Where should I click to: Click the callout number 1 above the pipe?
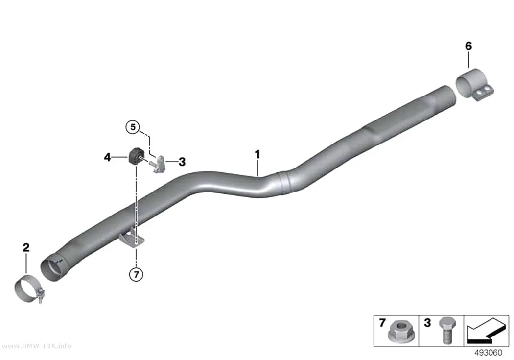pyautogui.click(x=257, y=154)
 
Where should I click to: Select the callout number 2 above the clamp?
pyautogui.click(x=26, y=247)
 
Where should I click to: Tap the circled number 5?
pyautogui.click(x=133, y=126)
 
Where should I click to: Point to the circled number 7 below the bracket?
pyautogui.click(x=137, y=274)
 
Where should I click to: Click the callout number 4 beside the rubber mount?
pyautogui.click(x=107, y=157)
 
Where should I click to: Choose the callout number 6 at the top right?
pyautogui.click(x=468, y=46)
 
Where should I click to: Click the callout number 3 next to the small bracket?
pyautogui.click(x=182, y=162)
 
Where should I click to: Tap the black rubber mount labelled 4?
pyautogui.click(x=134, y=157)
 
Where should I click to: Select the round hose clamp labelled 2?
pyautogui.click(x=29, y=288)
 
